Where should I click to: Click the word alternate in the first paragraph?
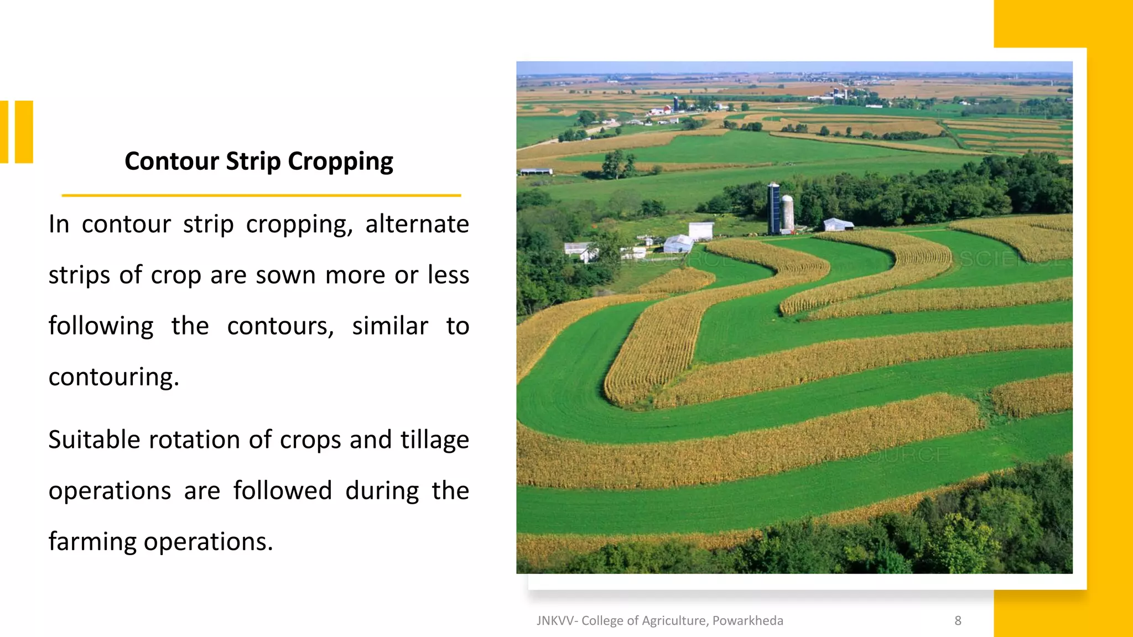(x=417, y=224)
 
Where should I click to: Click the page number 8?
(x=958, y=621)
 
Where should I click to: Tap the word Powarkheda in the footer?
(x=747, y=621)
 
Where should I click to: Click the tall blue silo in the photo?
(x=773, y=208)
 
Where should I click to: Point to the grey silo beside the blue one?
(x=787, y=213)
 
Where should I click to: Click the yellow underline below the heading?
(x=261, y=195)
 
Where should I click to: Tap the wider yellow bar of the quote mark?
(x=24, y=132)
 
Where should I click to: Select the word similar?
(x=390, y=326)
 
